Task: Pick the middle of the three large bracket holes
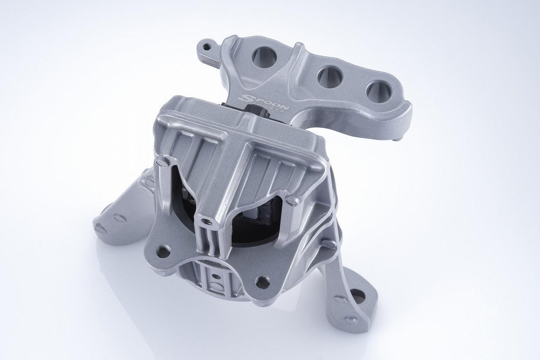coord(329,77)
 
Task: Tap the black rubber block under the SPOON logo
coord(255,113)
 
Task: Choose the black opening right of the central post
coord(253,219)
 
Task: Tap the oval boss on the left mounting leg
coord(119,218)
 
